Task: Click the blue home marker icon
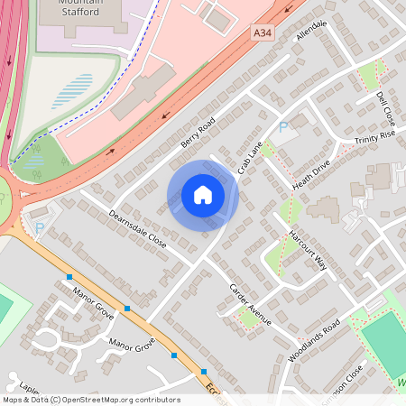coord(203,195)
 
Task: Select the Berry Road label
coord(198,132)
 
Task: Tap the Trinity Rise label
coord(375,137)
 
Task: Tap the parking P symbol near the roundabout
coord(39,231)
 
